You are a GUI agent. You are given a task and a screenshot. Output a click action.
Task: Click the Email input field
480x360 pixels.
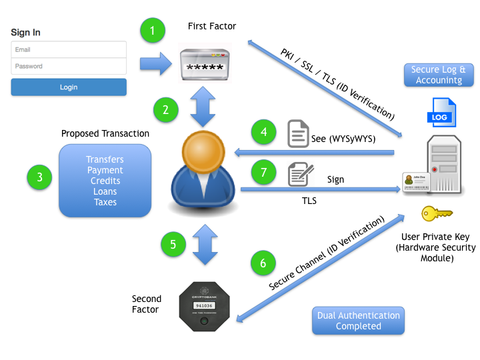tap(69, 50)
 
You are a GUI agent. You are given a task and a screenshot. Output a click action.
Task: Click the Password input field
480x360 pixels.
tap(69, 66)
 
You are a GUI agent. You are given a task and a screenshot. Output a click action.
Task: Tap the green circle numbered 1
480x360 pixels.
tap(152, 30)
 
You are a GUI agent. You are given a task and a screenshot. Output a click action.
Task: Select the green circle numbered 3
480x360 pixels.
tap(40, 177)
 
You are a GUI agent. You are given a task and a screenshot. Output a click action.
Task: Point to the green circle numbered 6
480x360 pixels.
tap(263, 263)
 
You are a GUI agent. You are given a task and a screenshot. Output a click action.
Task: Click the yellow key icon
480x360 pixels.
tap(437, 213)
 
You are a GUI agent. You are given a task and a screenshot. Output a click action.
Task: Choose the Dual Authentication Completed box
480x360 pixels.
tap(358, 321)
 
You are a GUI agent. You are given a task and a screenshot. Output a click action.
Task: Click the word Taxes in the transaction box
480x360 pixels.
tap(105, 202)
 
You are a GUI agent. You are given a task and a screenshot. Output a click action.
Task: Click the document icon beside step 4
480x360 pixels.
tap(298, 133)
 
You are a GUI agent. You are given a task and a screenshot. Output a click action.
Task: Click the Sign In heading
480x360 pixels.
tap(26, 32)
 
